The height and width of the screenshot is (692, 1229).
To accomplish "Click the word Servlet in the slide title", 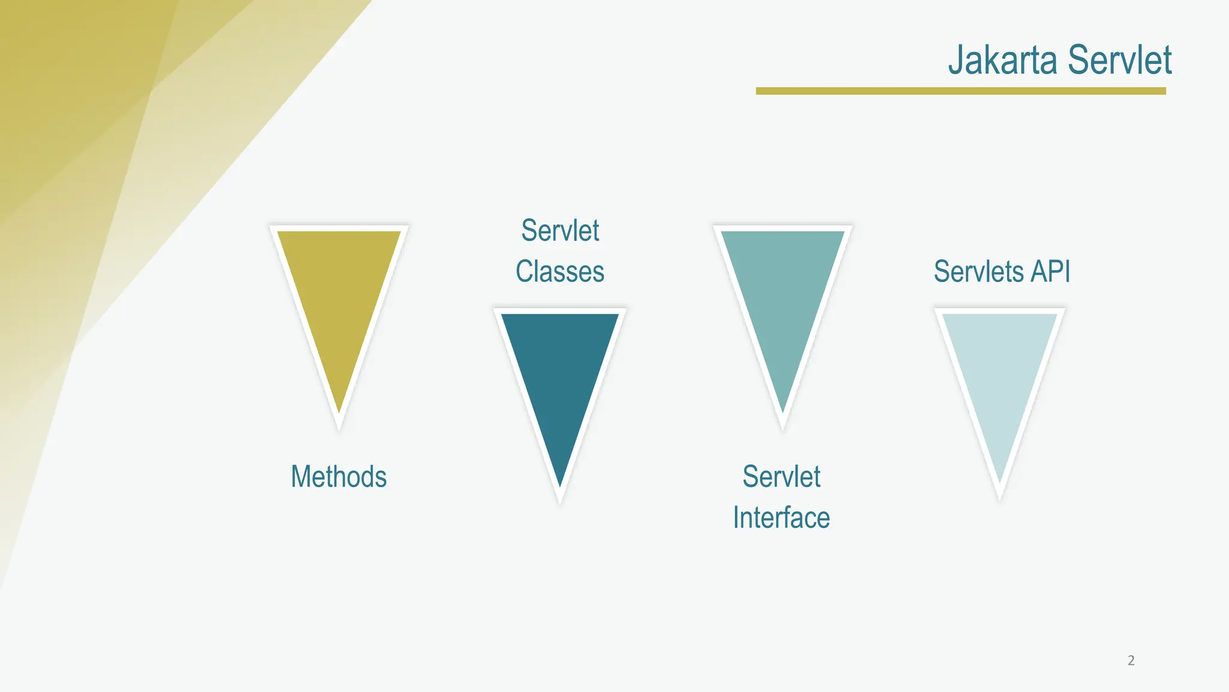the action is tap(1120, 60).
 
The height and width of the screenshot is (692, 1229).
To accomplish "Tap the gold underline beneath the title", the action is tap(960, 91).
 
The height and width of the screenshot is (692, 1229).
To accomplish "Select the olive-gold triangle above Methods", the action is tap(339, 288).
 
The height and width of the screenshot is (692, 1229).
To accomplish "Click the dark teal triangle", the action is tap(560, 372).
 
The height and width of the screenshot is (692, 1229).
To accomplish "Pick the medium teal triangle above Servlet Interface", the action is tap(783, 288).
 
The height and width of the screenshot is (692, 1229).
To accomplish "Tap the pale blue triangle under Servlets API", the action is tap(1000, 372).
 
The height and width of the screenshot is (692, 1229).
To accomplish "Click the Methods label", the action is tap(338, 476).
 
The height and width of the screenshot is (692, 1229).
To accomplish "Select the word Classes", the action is tap(560, 271).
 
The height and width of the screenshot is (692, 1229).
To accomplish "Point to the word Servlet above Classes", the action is tap(560, 231).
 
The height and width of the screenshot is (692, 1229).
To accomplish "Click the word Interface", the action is tap(781, 517).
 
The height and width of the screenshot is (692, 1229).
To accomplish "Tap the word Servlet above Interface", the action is tap(781, 476).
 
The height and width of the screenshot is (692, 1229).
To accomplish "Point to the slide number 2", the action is tap(1131, 660).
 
